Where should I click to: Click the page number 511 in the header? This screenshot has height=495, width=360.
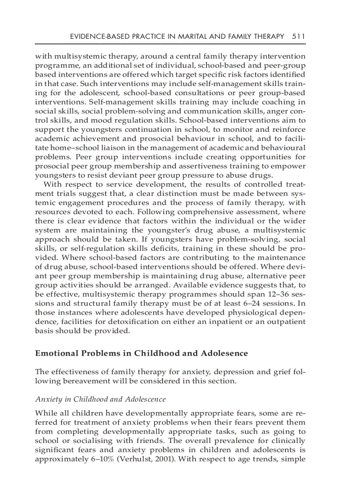(x=299, y=37)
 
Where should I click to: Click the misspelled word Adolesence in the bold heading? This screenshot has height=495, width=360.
(x=225, y=353)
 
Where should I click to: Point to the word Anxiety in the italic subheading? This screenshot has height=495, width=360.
(x=47, y=399)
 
